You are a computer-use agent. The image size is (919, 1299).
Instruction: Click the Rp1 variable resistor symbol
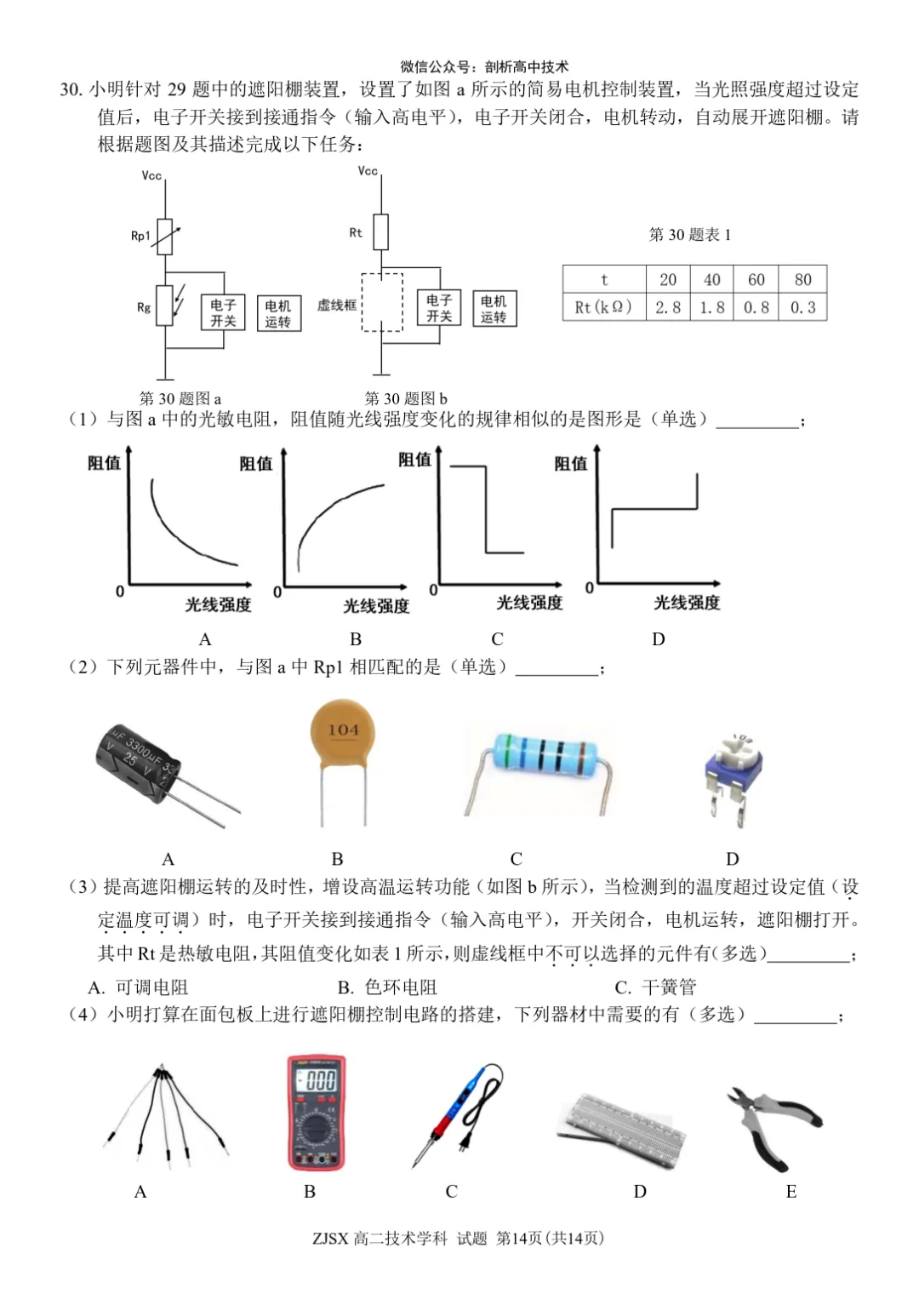165,237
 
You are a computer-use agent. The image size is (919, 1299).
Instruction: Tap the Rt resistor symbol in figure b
381,232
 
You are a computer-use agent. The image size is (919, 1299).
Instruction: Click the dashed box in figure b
382,302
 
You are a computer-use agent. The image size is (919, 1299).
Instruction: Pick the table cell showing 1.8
712,307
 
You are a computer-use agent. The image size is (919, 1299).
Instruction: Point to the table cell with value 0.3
802,307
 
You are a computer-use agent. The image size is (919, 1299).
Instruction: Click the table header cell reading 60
756,279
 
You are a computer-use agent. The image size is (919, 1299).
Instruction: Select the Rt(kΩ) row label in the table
603,307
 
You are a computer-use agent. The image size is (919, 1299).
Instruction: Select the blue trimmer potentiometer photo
733,770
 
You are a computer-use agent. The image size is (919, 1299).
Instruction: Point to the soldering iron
456,1115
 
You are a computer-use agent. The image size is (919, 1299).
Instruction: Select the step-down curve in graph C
487,511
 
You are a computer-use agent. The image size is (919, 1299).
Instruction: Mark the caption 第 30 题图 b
406,398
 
